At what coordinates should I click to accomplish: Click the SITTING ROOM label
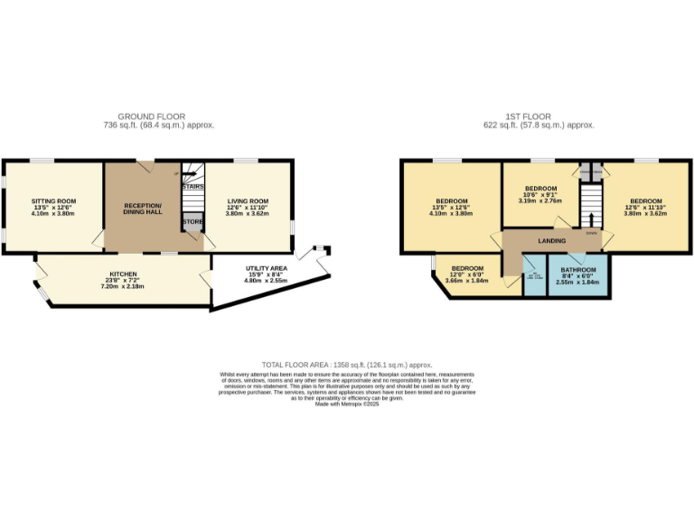click(53, 200)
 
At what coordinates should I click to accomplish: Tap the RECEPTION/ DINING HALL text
click(142, 209)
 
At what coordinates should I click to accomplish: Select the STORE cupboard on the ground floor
click(192, 221)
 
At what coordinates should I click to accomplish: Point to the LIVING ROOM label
click(247, 200)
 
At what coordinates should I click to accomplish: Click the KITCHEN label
click(123, 274)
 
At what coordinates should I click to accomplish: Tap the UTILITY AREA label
click(266, 268)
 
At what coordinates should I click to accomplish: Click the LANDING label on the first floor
click(551, 241)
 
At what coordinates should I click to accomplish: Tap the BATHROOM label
click(578, 269)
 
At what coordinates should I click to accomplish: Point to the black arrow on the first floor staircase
click(591, 218)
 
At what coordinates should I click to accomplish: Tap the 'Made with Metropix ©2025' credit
click(347, 404)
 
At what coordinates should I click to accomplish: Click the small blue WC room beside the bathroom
click(534, 275)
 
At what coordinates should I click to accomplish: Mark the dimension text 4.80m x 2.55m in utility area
click(266, 281)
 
